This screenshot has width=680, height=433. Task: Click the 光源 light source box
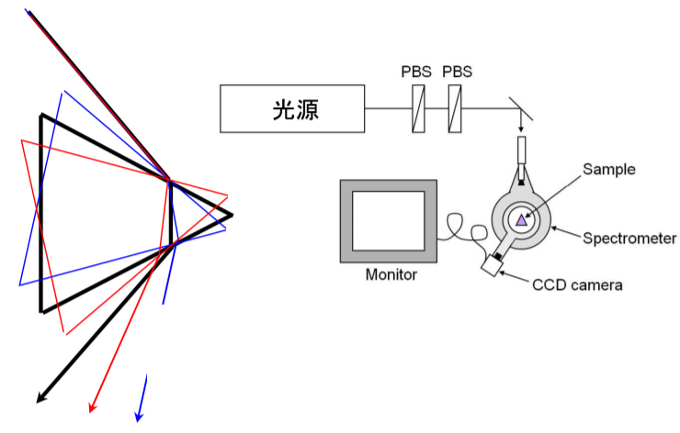coord(292,108)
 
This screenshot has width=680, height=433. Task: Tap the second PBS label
coord(457,72)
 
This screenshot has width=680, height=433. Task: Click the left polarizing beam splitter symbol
coord(419,108)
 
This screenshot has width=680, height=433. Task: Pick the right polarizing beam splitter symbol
coord(455,108)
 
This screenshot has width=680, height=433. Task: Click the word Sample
coord(608,169)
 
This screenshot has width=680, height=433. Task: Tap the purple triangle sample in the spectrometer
coord(522,218)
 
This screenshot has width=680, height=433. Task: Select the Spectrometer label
coord(629,239)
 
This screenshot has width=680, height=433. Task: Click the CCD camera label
coord(577,284)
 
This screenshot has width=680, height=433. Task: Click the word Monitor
coord(391,274)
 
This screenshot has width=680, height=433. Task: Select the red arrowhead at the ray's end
coord(92,406)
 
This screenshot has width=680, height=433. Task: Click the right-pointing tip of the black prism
coord(230,216)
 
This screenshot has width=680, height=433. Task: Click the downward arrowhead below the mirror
coord(522,126)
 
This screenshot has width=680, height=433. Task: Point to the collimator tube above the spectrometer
coord(522,150)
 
